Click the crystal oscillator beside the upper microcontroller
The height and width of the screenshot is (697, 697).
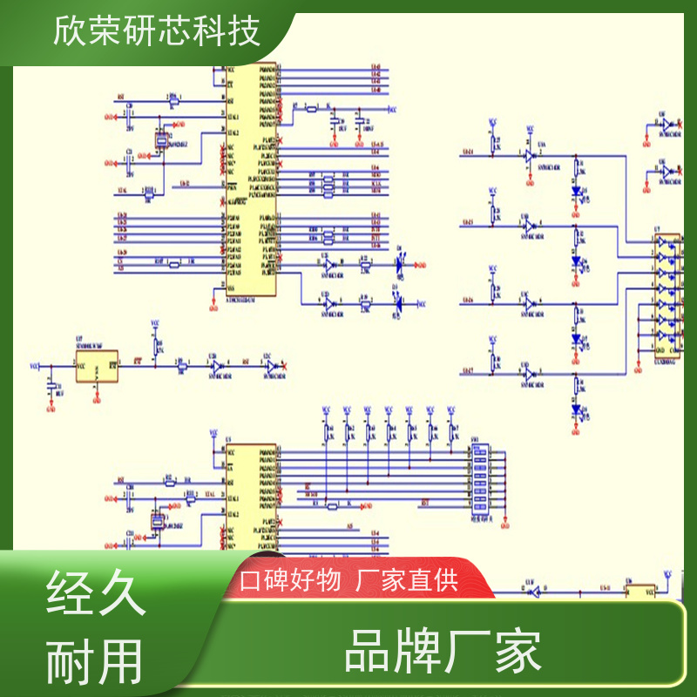pos(161,139)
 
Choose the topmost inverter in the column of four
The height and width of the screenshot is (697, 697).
pos(527,155)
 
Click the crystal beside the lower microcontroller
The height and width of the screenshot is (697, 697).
pos(158,521)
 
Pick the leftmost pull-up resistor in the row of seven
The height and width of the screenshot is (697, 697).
pos(327,431)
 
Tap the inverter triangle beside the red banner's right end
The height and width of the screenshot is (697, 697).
pos(531,592)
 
